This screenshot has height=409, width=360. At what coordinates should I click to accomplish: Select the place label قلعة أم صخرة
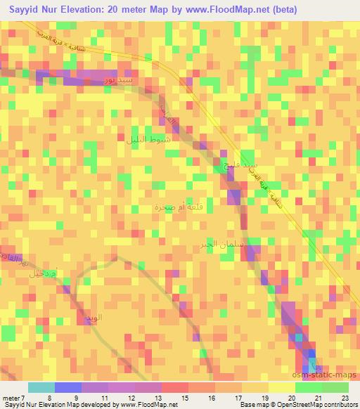(x=176, y=207)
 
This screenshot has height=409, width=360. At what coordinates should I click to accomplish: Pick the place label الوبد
(x=94, y=318)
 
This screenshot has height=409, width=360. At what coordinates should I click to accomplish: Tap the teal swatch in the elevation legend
(x=41, y=387)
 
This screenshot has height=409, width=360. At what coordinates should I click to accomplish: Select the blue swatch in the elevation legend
(x=67, y=387)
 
